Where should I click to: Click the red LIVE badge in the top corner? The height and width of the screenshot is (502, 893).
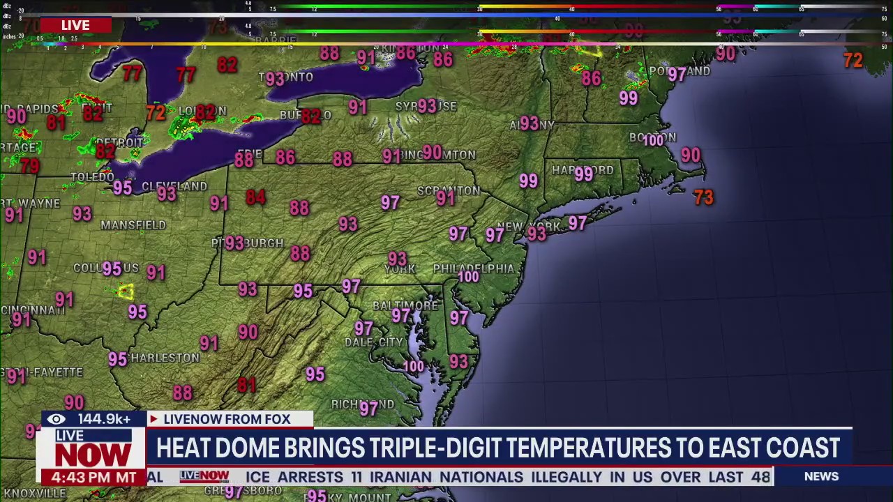point(75,25)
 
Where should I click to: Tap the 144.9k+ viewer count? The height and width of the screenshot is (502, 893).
point(104,419)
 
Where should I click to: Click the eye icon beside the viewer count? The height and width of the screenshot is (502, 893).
point(57,419)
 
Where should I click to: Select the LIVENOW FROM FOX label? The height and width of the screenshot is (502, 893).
point(226,419)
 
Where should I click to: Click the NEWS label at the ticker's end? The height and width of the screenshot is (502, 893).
point(821,476)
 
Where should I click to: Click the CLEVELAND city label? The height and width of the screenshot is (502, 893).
point(174,187)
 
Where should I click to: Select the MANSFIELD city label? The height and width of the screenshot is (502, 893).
point(133,225)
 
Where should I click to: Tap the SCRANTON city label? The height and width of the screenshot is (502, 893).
point(449,190)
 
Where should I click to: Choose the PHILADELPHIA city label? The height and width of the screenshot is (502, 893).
point(473,268)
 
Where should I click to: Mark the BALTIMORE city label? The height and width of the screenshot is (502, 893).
point(405,305)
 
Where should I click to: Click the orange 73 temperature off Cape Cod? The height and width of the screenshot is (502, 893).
point(703,198)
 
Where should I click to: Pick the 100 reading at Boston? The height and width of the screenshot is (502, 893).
point(653,141)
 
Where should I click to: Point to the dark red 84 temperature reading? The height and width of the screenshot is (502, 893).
point(255,197)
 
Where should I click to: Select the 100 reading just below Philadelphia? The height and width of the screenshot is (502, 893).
point(468,277)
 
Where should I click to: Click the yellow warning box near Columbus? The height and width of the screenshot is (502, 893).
point(126,291)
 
